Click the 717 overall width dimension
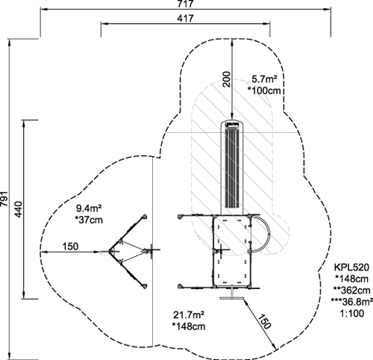(x=185, y=4)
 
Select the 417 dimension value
(x=185, y=18)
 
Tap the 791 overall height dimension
(x=4, y=199)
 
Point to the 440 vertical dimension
(x=18, y=209)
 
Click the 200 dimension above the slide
(x=227, y=79)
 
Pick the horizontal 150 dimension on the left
(x=70, y=246)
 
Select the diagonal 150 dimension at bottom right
(x=263, y=321)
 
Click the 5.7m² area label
(x=264, y=79)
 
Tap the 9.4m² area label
(x=89, y=208)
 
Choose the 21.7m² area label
(x=189, y=315)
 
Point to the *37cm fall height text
(x=89, y=220)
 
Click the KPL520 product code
(x=351, y=267)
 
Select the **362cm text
(x=351, y=291)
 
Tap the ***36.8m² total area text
(x=352, y=302)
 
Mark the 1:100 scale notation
(x=351, y=313)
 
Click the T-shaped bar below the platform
(x=232, y=295)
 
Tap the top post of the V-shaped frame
(x=144, y=217)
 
